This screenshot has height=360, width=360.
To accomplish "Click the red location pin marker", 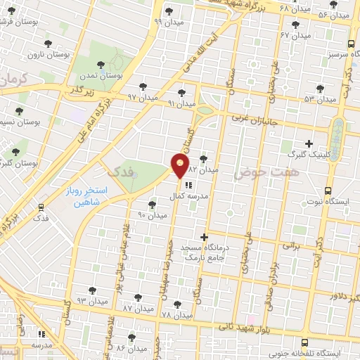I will [x=181, y=166].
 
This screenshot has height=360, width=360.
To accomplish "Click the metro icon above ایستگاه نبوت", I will [x=328, y=191].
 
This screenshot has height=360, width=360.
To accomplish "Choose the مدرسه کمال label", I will [x=188, y=197].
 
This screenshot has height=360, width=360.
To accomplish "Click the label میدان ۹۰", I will [x=151, y=214].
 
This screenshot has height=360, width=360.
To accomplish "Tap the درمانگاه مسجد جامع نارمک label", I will [x=204, y=254].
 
